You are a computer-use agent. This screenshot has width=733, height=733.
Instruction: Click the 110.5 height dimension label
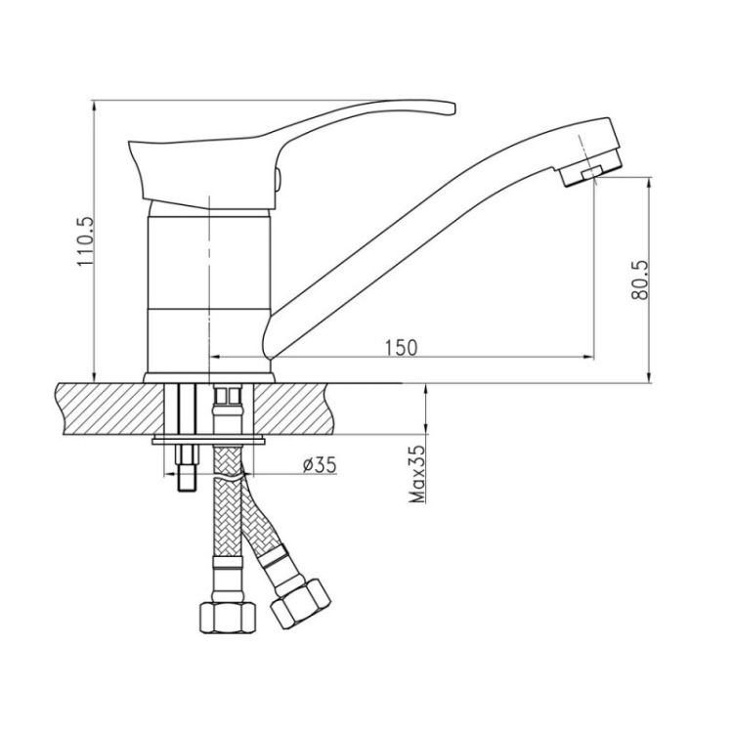pos(86,241)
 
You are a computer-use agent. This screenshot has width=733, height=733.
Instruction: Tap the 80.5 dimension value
pos(639,280)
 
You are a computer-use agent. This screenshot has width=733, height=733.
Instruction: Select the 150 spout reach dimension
pos(401,348)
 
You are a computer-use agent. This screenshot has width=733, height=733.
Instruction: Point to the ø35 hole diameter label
pos(320,464)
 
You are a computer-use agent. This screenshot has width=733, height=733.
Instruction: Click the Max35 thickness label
pos(417,474)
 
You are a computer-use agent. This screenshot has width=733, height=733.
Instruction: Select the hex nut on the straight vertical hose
pos(228,617)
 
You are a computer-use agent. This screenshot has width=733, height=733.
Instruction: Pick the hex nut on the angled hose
pos(301,604)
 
